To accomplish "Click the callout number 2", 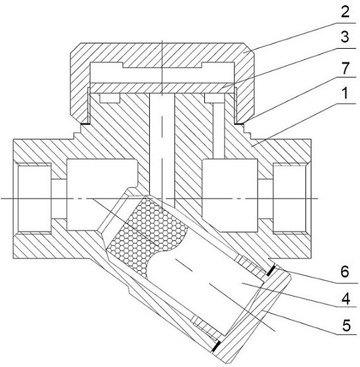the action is tap(345, 12).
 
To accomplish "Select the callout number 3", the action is tap(345, 37).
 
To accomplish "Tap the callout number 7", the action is tap(345, 68).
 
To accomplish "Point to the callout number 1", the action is tap(346, 93).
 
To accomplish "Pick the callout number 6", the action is tap(345, 272).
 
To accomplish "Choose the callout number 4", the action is tap(345, 299).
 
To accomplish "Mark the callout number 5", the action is tap(346, 325).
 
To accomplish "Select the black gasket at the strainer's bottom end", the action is tap(215, 346).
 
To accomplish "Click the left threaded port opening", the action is tap(34, 198).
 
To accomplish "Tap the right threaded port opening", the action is tap(290, 198).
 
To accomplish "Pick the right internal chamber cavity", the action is tap(231, 195).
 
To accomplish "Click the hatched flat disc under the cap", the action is tap(162, 87).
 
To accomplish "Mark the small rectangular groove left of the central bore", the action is tap(110, 98).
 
